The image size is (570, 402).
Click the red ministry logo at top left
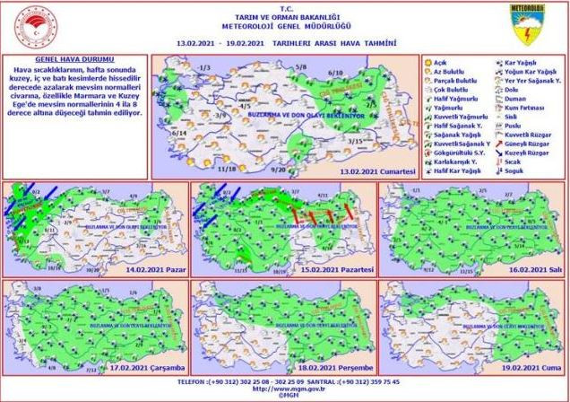click(30, 27)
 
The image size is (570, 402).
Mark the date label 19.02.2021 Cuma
click(522, 366)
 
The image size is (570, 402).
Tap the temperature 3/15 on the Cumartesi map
click(356, 142)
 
